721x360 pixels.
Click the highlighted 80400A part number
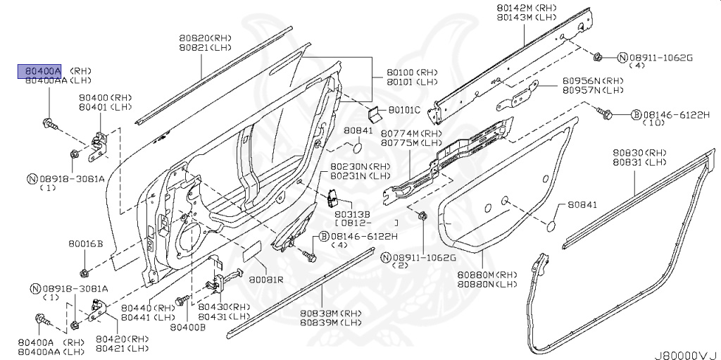pos(39,71)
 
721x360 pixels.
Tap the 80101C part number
pos(404,110)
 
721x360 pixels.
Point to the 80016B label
pos(86,244)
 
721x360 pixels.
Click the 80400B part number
pos(187,327)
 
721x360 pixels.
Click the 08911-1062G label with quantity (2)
pos(425,257)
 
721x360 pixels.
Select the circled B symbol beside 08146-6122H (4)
pos(325,236)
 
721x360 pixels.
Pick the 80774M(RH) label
pos(411,133)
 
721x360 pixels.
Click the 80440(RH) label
pos(148,308)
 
